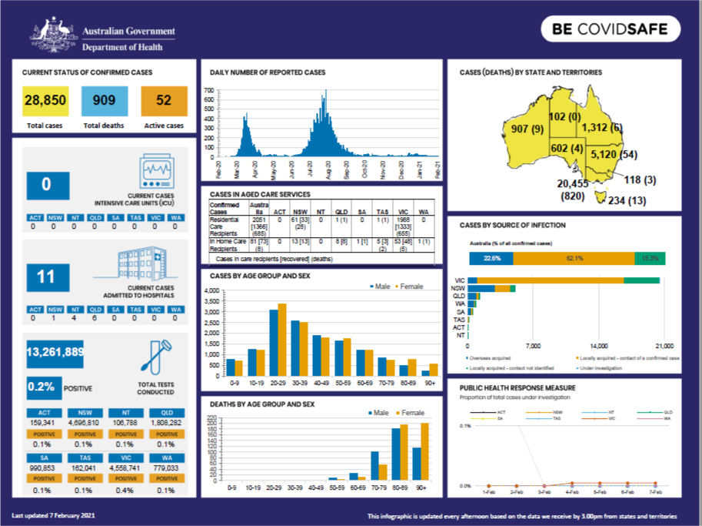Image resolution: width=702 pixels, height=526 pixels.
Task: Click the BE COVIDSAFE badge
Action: (x=611, y=30)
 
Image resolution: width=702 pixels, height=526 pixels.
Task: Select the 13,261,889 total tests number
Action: (x=55, y=352)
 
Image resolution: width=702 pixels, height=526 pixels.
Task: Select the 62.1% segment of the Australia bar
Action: (x=568, y=258)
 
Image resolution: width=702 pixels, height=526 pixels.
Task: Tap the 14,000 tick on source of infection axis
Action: (x=599, y=345)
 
